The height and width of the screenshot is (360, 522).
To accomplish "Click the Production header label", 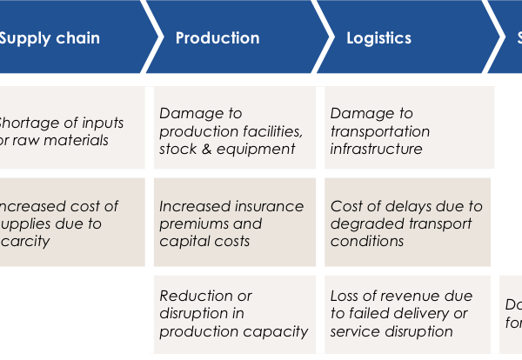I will (x=217, y=38).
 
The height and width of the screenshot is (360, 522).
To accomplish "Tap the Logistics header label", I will (x=378, y=38).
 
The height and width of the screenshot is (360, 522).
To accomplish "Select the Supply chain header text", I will (x=50, y=38).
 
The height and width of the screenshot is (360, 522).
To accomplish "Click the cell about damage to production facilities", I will (x=234, y=130).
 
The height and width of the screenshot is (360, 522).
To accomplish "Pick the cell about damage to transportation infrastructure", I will (x=409, y=130).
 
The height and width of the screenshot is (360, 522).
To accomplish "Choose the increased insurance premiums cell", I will (x=234, y=223).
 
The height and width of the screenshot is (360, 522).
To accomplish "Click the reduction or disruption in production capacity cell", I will (x=234, y=313).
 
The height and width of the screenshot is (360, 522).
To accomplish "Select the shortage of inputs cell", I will (x=65, y=130).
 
